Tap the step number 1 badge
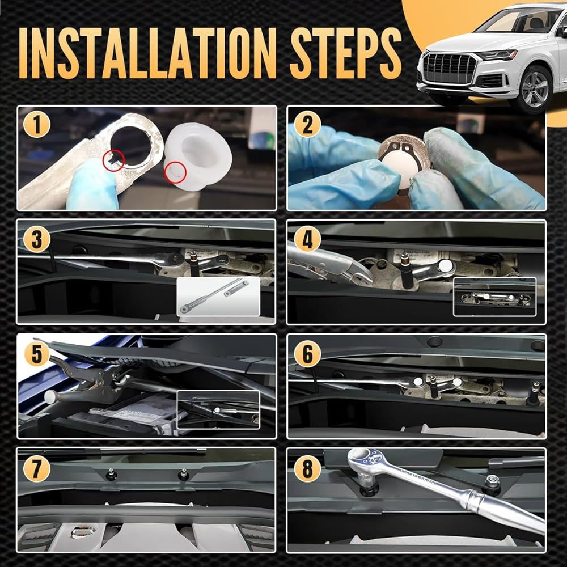(36, 124)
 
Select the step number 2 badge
(307, 124)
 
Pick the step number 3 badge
(36, 239)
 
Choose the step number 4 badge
(307, 239)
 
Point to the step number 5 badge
(36, 354)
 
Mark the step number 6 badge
(307, 354)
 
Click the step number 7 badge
(36, 468)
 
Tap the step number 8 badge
(307, 468)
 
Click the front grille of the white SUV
(449, 69)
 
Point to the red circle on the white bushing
(175, 172)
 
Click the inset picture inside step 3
(218, 297)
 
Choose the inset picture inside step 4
(494, 297)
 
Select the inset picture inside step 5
(218, 410)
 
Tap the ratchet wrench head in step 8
(366, 462)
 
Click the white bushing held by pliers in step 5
(52, 397)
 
